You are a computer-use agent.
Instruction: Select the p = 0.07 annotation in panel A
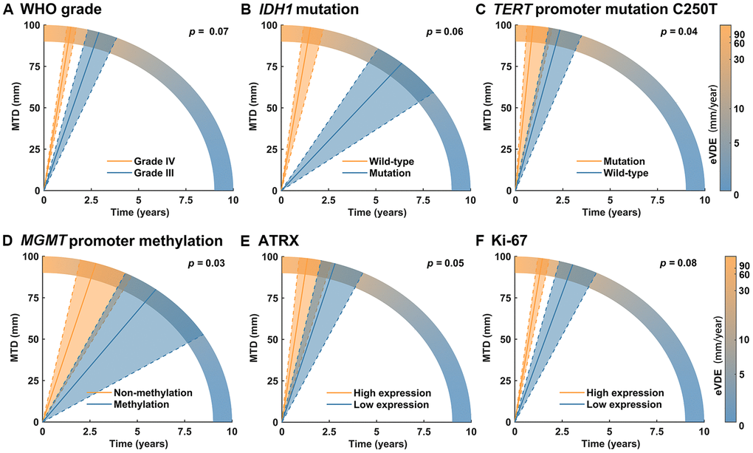click(x=206, y=33)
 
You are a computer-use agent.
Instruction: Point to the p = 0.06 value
click(x=444, y=33)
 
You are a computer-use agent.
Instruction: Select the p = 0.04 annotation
click(x=679, y=32)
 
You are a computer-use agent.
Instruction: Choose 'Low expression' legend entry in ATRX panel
click(x=397, y=404)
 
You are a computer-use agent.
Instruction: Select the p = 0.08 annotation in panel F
click(x=679, y=263)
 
